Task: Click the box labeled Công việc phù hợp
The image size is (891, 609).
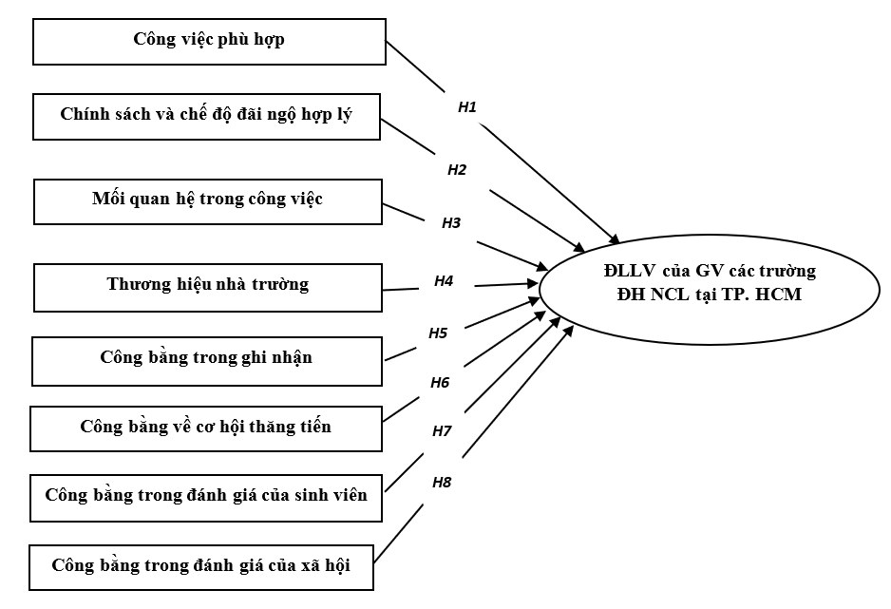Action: [209, 42]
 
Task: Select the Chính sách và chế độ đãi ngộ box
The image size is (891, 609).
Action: [206, 115]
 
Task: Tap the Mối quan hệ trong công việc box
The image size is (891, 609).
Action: [207, 200]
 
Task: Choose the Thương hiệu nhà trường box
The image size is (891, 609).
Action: [207, 284]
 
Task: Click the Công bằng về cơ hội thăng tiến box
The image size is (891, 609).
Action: [206, 427]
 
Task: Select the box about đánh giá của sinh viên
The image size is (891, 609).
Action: [206, 495]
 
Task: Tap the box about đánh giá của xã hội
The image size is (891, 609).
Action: [201, 566]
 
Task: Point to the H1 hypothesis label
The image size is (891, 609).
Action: [466, 106]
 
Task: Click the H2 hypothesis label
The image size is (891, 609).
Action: [457, 169]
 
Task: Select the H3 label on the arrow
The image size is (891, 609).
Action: [451, 223]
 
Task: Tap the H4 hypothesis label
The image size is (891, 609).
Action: [444, 280]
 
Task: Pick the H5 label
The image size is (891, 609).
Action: [438, 333]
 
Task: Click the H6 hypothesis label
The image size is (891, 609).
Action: [440, 383]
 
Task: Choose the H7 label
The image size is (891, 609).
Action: [442, 430]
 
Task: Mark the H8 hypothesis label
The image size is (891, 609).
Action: [442, 482]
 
